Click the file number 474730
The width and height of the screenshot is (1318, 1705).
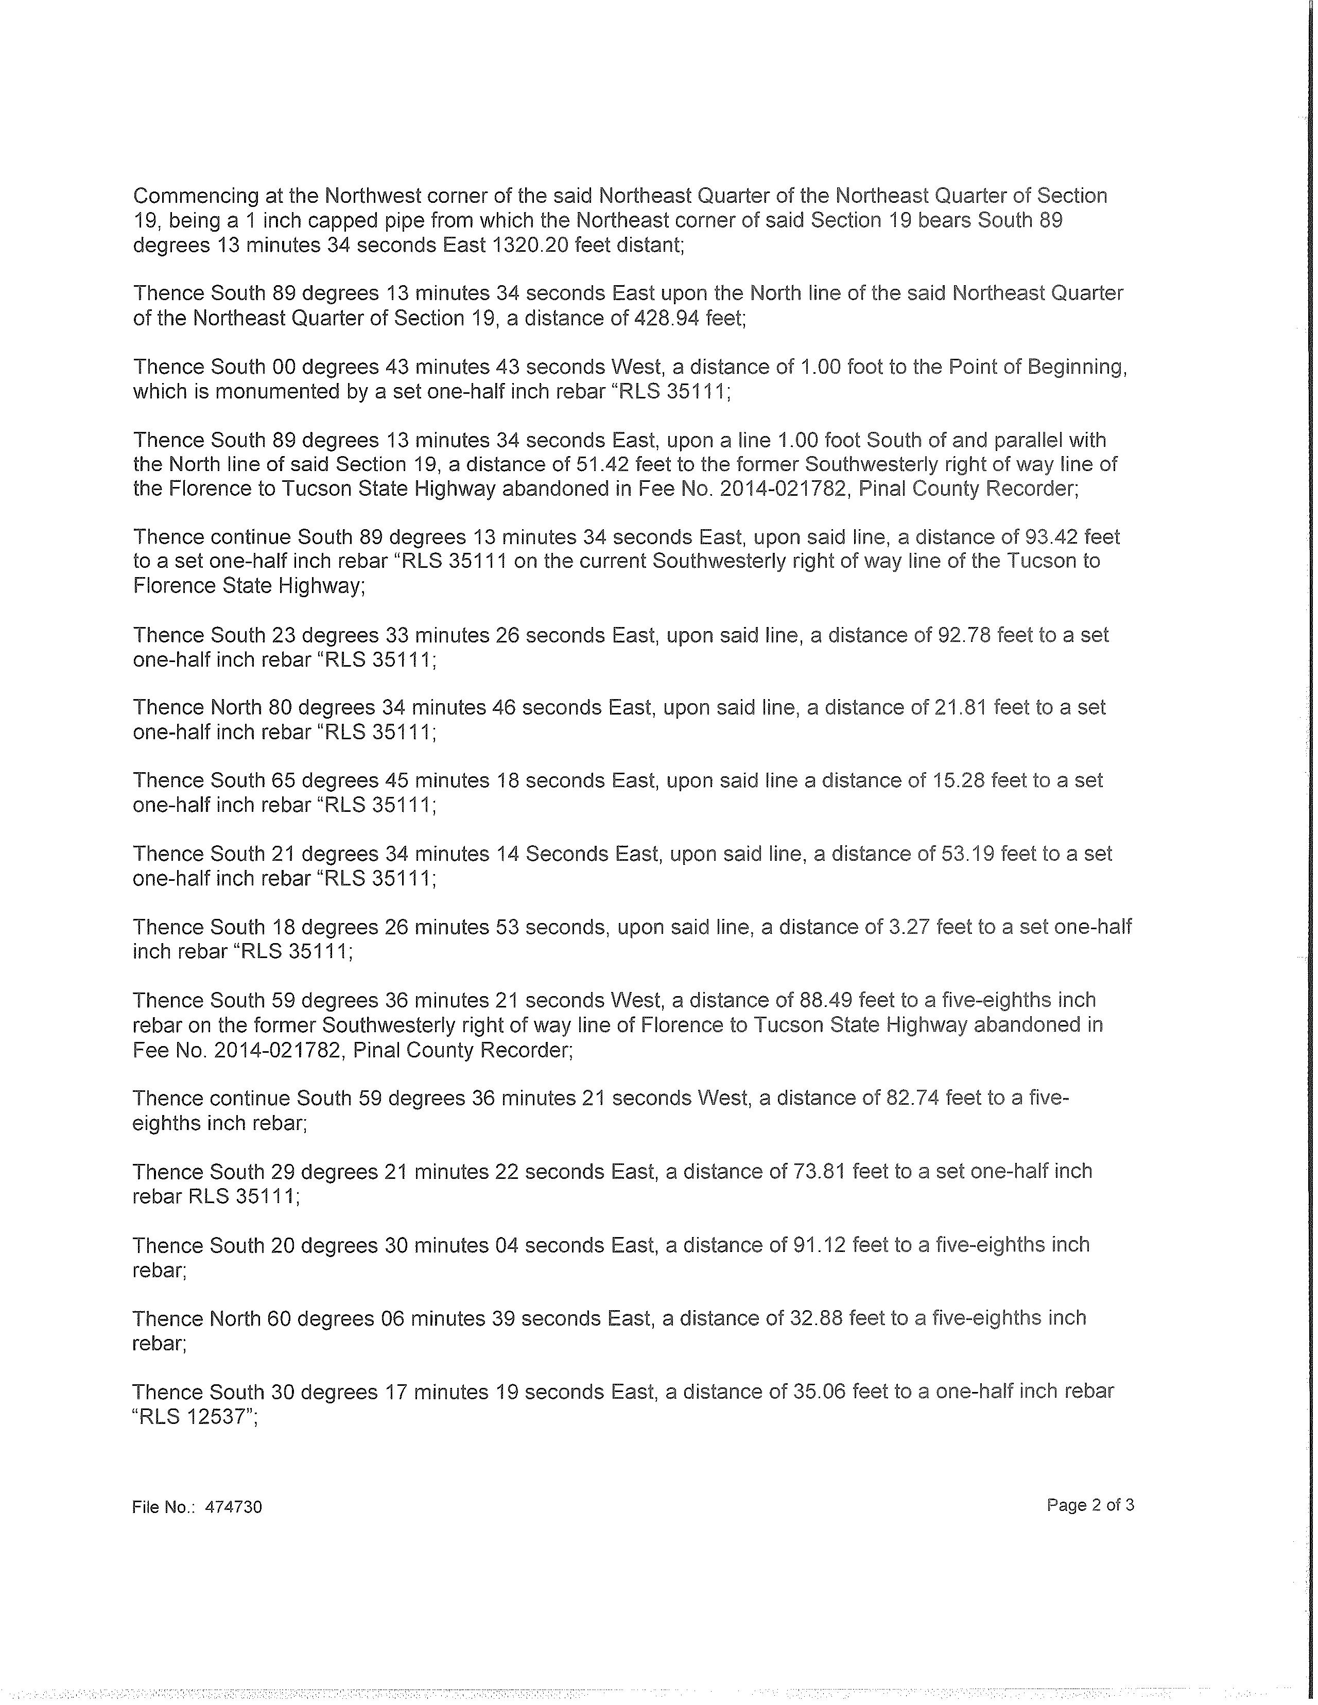click(233, 1507)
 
